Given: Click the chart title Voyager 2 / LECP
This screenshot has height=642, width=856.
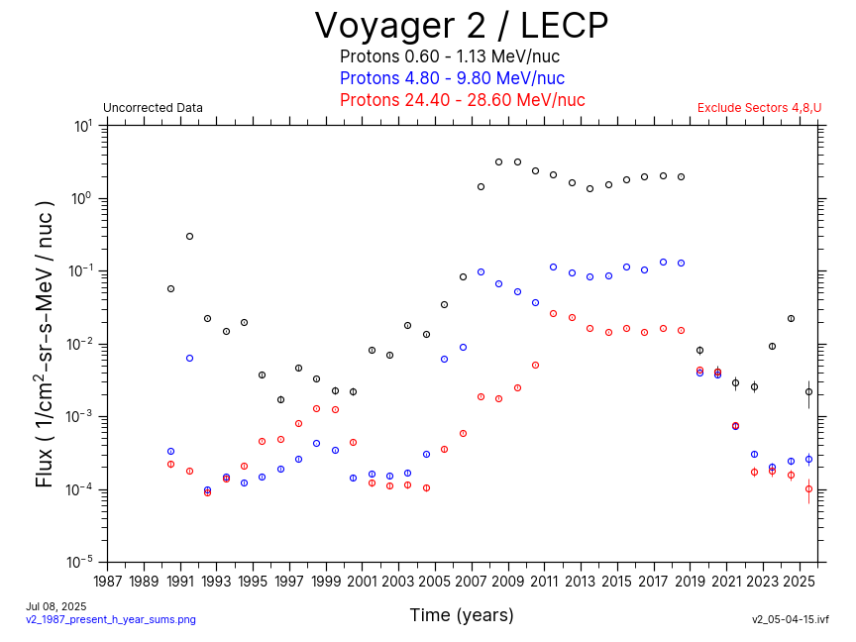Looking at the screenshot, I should coord(461,27).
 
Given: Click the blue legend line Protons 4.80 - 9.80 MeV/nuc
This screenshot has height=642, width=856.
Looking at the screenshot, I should coord(452,78).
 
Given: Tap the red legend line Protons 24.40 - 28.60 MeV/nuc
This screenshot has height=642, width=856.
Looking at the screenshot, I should coord(462,100).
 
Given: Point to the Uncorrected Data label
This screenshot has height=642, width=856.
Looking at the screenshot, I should coord(153,108).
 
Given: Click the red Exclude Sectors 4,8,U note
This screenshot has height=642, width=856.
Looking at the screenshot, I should coord(759,108).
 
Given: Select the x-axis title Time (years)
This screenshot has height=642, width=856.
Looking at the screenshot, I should coord(462,615).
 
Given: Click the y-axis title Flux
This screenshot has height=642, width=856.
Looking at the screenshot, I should coord(45,343).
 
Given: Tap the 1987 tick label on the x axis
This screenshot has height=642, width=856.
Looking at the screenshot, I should coord(108,581).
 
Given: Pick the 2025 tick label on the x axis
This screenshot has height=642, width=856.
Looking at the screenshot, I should coord(800,581).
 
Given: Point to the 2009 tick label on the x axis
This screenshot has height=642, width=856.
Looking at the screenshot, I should coord(508,581).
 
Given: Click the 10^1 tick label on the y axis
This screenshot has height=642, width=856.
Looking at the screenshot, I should coord(82,127).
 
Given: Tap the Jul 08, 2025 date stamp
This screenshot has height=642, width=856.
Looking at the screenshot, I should coord(56,606).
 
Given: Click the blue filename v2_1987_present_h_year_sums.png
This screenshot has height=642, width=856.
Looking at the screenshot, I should coord(111,619).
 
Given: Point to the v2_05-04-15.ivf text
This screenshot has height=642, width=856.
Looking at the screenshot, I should coord(790,619).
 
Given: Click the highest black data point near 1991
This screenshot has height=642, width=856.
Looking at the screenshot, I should coord(189,236).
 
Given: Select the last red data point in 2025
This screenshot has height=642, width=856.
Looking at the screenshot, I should coord(808,488).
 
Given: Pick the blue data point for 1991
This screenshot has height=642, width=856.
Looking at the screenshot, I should coord(189,358).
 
